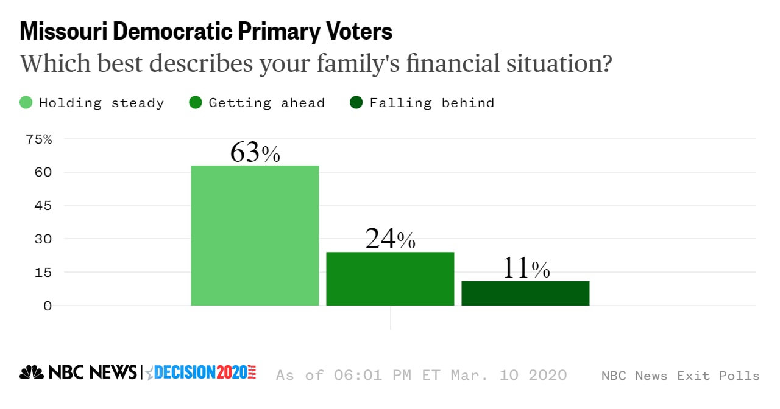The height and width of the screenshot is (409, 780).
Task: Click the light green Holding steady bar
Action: [x=255, y=235]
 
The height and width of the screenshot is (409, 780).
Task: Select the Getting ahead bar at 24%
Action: [x=390, y=278]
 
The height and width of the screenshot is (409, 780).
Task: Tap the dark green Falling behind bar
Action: [x=525, y=293]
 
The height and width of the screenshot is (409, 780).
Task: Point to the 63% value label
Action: [x=255, y=153]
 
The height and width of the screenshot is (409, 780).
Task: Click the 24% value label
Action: [x=390, y=239]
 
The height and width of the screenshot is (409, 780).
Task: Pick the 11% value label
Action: [x=525, y=268]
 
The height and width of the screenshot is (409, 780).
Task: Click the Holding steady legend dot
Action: [x=26, y=102]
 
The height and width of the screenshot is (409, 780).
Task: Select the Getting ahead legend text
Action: [x=266, y=103]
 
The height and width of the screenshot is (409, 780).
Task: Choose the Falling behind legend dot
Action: [x=356, y=102]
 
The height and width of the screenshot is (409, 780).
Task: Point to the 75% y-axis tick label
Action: [x=39, y=139]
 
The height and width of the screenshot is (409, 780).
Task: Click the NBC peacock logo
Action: [x=32, y=372]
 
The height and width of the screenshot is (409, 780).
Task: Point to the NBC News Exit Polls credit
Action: [x=680, y=376]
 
